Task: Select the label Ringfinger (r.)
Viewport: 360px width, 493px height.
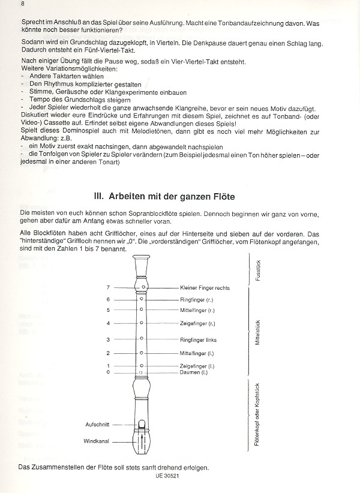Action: tap(196, 299)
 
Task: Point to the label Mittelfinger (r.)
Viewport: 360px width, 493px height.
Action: tap(197, 310)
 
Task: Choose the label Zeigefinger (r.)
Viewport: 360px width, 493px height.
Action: tap(197, 323)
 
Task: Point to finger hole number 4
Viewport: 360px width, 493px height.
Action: tap(142, 323)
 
